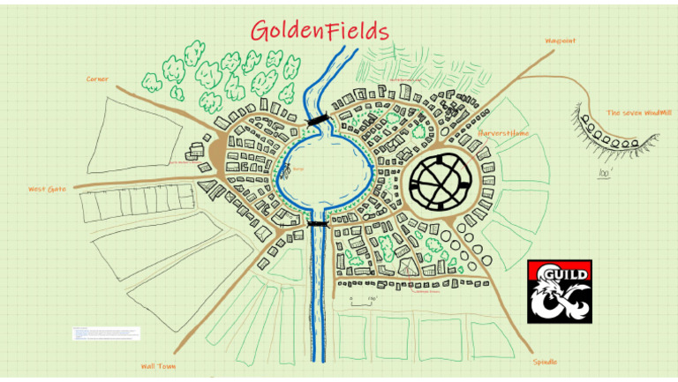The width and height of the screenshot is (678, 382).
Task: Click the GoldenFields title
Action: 320,31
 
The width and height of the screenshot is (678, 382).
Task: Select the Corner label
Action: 97,79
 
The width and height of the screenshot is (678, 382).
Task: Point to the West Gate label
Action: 48,189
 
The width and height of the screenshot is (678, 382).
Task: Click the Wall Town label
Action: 160,365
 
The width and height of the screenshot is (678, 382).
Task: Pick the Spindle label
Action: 545,362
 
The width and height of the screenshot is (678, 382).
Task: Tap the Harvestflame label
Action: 503,133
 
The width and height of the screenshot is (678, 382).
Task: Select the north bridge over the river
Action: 317,119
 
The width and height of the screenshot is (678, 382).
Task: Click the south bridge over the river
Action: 317,224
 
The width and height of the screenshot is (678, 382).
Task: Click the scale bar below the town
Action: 361,303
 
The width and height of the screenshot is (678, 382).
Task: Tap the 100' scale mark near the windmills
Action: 606,173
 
